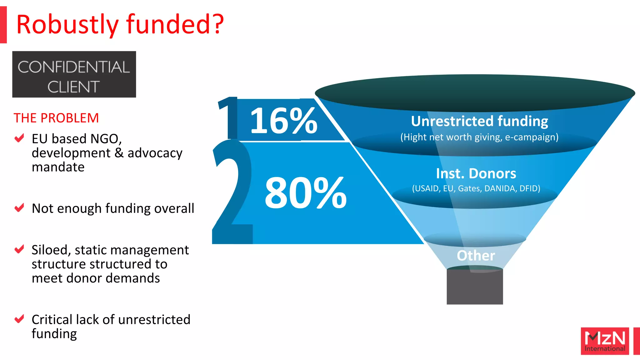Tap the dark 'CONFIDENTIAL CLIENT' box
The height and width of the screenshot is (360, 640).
tap(74, 74)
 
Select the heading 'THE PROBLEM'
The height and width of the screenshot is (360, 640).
tap(56, 118)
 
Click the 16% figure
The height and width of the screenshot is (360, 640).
tap(283, 120)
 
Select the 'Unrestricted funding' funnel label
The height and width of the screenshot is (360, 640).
tap(479, 121)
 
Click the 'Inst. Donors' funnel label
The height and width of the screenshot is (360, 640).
tap(476, 174)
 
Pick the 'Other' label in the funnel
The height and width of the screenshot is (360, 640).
tap(476, 256)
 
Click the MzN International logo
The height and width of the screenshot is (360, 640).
tap(605, 341)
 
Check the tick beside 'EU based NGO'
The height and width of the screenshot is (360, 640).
tap(19, 138)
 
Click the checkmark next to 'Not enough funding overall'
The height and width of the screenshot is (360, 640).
tap(19, 207)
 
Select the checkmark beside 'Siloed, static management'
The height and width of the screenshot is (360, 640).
tap(19, 249)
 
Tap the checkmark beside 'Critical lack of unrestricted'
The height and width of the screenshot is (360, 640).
tap(19, 319)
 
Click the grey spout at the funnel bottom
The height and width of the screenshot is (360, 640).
tap(475, 287)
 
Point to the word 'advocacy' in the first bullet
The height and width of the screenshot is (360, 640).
tap(155, 153)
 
